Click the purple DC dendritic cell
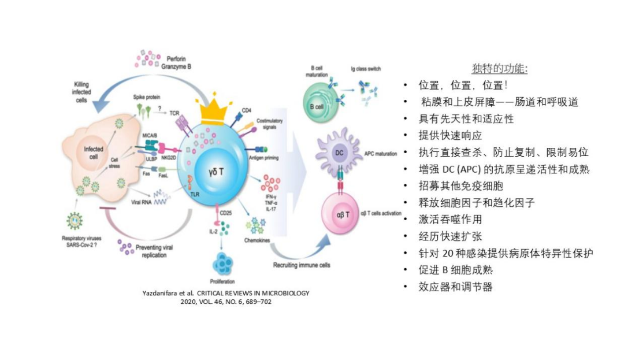tap(340, 153)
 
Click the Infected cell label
tap(94, 153)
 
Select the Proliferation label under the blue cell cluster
tap(222, 282)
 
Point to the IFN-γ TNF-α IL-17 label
tap(270, 203)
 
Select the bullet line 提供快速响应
tap(451, 135)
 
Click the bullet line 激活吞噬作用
tap(451, 220)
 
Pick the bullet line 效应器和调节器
tap(456, 287)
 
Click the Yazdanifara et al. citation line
tap(225, 293)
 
